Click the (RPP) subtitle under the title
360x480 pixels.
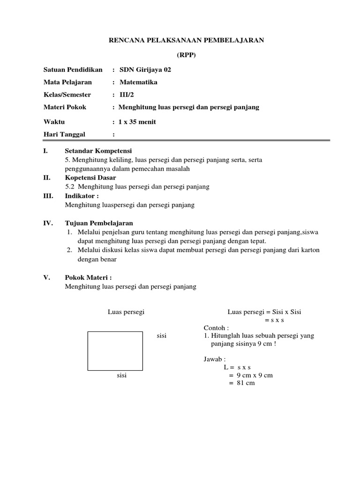[x=186, y=55]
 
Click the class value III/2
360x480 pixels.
[x=127, y=94]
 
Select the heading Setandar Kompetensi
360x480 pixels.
[x=98, y=151]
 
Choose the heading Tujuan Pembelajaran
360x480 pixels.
[x=99, y=223]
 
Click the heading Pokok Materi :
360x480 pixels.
[x=88, y=277]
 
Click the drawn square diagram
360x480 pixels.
[x=115, y=351]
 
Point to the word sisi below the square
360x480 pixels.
[x=122, y=375]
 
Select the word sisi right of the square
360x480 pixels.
[x=162, y=336]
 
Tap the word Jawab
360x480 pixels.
[x=214, y=360]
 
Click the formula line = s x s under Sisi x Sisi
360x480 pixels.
[x=275, y=320]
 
